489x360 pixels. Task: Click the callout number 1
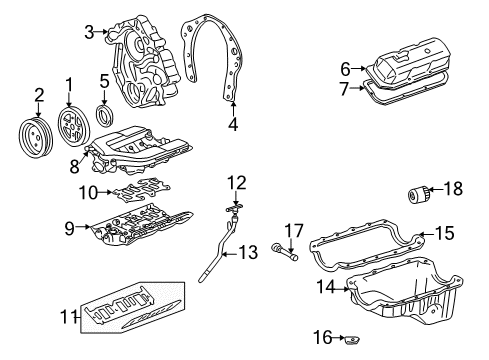pyautogui.click(x=69, y=81)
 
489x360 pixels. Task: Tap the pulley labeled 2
pyautogui.click(x=37, y=134)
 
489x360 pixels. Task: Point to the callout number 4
pyautogui.click(x=233, y=126)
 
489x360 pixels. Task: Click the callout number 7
pyautogui.click(x=345, y=90)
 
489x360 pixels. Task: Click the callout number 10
pyautogui.click(x=87, y=191)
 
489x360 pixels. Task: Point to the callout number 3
pyautogui.click(x=90, y=32)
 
